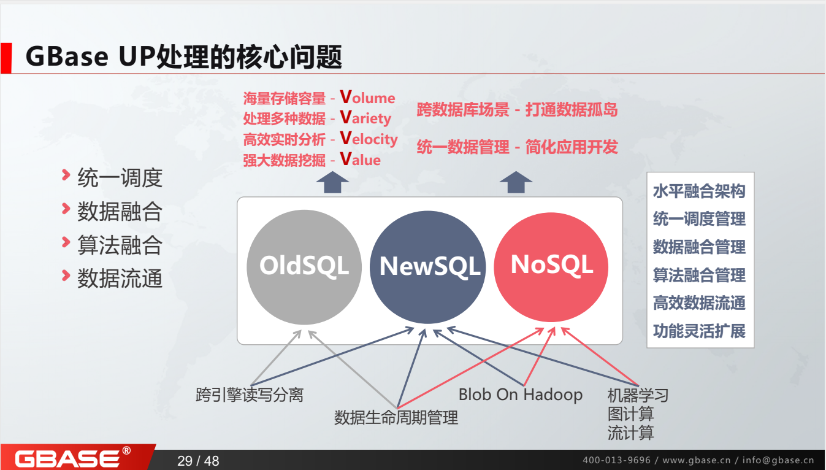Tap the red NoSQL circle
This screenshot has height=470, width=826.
point(551,264)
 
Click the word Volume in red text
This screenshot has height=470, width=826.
point(367,98)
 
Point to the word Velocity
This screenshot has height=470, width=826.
point(369,139)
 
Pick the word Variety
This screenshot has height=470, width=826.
point(365,118)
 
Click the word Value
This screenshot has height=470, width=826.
point(361,160)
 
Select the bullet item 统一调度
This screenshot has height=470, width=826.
point(120,178)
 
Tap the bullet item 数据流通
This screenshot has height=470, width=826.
point(120,279)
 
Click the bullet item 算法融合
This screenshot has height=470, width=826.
point(120,245)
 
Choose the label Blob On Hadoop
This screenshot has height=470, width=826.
point(520,395)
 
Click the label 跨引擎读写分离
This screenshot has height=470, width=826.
point(250,395)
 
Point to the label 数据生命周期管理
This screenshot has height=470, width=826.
point(396,418)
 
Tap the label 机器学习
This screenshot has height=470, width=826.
point(638,395)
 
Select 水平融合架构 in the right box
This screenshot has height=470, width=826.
point(699,191)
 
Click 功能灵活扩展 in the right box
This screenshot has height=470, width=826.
point(699,331)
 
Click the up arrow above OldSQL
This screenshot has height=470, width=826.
point(332,183)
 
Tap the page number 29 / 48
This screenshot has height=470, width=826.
point(198,461)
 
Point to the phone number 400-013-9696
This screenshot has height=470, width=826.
point(616,460)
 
